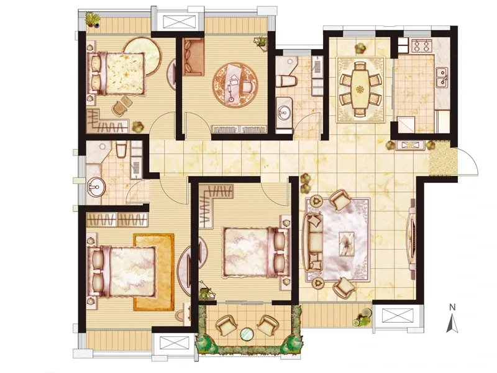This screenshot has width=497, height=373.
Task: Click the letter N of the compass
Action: coord(452,307)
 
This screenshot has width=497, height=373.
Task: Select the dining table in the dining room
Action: coord(360,89)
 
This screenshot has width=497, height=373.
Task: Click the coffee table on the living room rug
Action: coord(347,244)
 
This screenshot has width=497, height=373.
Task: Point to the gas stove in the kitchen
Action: coord(422,45)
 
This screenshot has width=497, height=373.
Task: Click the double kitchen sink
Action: coord(442,77)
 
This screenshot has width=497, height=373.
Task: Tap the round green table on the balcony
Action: coord(247,334)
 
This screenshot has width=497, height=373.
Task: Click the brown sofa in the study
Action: coord(193,57)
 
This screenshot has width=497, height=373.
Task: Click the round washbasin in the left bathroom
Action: coord(96,187)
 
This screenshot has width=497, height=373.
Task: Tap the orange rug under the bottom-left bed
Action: coord(154,272)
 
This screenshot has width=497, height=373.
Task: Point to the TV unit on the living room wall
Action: coord(412,239)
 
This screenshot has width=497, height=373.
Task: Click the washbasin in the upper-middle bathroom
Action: coord(285,112)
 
